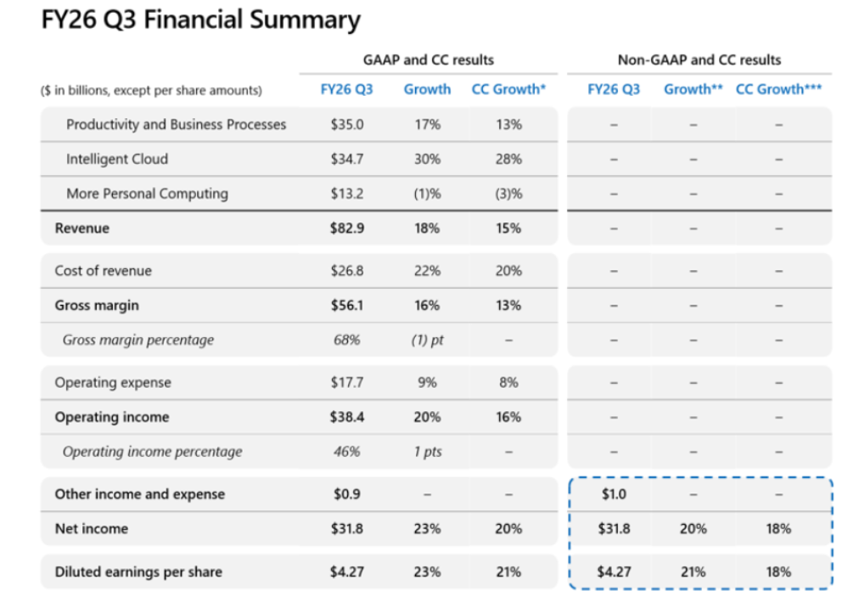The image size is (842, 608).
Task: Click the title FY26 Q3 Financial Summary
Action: (201, 20)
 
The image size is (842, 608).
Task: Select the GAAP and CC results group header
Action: (428, 59)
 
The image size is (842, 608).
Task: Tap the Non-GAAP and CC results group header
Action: (699, 59)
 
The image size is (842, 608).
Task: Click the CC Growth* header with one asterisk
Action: (508, 89)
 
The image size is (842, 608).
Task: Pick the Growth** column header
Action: (693, 89)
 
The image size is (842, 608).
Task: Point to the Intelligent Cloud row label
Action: (117, 159)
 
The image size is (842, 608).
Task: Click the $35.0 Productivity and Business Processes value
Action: (347, 125)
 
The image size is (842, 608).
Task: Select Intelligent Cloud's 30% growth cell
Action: (427, 159)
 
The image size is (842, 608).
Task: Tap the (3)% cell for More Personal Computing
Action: (508, 194)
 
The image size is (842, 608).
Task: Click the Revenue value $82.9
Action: (347, 228)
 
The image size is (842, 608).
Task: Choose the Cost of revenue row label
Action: (103, 271)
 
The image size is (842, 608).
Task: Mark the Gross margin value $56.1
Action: (347, 306)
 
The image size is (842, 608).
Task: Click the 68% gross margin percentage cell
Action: (347, 340)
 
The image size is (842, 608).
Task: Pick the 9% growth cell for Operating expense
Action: (427, 382)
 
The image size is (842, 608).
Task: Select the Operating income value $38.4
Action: (347, 417)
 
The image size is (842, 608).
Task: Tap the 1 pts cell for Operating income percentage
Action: (428, 452)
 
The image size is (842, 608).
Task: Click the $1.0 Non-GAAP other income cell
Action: (614, 494)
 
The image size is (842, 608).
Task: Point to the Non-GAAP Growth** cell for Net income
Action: (693, 529)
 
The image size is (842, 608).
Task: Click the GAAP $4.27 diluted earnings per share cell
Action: (347, 572)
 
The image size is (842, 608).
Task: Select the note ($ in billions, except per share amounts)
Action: (151, 90)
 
